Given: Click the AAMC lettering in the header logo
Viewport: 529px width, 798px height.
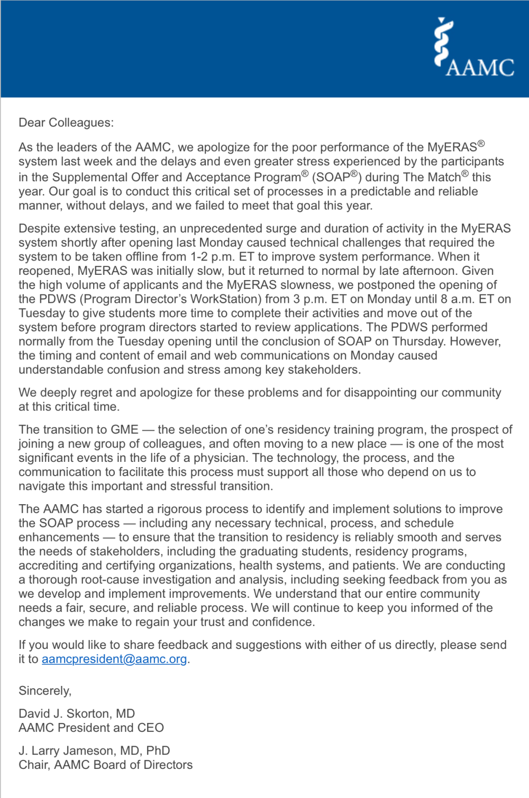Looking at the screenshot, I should tap(480, 67).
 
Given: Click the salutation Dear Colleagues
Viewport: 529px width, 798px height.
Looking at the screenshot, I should tap(66, 123).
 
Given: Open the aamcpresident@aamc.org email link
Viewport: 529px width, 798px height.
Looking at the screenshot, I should tap(114, 659).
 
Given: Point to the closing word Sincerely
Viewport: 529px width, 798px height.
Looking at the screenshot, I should tap(44, 691).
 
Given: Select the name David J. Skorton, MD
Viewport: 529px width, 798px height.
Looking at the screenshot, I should tap(77, 713).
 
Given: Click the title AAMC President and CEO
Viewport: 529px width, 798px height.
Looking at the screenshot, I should tap(91, 728).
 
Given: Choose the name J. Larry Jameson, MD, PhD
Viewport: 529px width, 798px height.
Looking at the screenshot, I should tap(94, 750).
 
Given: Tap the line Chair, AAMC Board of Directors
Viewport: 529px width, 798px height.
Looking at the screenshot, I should tap(105, 765).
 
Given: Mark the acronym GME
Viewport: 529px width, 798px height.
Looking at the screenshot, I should tap(124, 430).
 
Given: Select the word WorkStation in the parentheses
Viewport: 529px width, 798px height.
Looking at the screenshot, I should tap(226, 299).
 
